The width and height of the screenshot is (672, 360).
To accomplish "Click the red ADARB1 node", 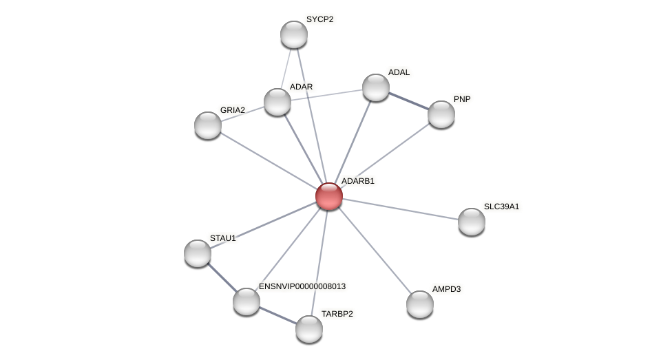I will [x=329, y=196].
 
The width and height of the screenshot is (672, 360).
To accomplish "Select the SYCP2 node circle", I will [x=294, y=34].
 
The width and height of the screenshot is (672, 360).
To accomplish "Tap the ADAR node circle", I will [x=277, y=102].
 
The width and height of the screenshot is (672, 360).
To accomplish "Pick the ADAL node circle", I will [x=376, y=87].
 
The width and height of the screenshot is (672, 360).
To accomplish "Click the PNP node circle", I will [x=441, y=114].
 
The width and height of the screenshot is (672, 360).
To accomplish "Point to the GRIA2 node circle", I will [x=208, y=125].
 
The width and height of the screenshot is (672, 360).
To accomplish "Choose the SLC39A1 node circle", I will [x=472, y=222].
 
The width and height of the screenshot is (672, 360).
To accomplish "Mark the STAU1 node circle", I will [x=198, y=253].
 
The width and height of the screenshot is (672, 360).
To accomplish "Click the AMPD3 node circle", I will [x=420, y=304].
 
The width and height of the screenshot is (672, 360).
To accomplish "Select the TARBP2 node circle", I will [x=309, y=329].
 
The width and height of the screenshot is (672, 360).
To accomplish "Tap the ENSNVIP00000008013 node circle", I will [x=246, y=301].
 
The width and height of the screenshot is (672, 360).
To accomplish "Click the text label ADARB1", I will [x=358, y=181].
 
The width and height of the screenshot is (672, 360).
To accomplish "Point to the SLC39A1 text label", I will [x=501, y=207].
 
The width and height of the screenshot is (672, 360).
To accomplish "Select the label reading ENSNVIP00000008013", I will [x=302, y=286].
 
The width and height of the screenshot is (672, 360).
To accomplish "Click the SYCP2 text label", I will [x=319, y=19].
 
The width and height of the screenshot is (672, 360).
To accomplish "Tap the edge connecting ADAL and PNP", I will [x=409, y=100].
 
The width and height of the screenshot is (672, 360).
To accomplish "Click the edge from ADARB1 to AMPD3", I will [x=375, y=251].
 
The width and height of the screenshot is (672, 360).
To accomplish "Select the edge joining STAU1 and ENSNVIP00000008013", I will [x=222, y=277].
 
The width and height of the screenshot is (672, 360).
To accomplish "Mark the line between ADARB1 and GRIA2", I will [x=269, y=161].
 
